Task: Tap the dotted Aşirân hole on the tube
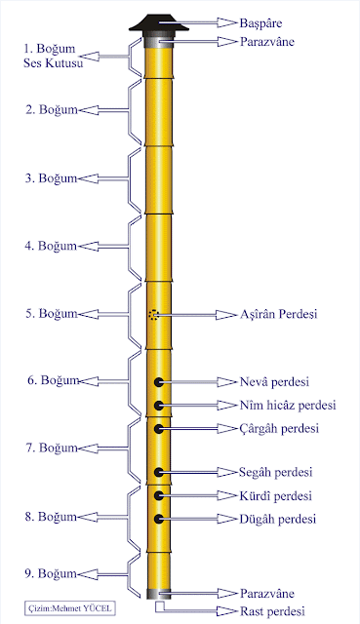153,315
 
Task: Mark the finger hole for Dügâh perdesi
158,519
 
